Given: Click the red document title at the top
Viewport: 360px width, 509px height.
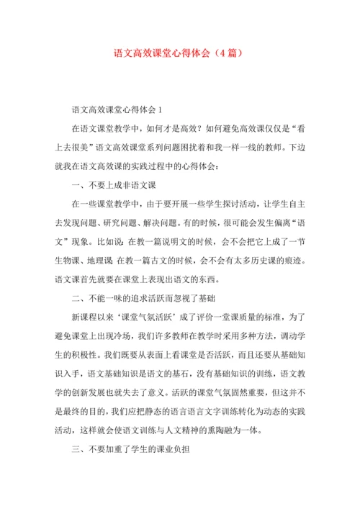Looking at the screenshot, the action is click(x=180, y=53).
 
